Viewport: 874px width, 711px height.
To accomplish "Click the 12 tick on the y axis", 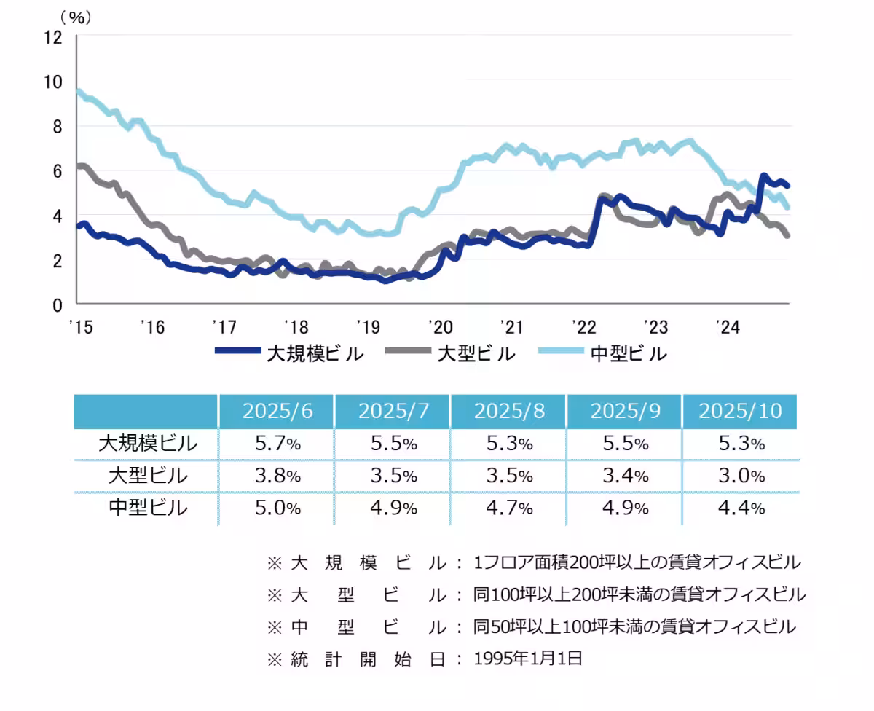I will coord(55,36).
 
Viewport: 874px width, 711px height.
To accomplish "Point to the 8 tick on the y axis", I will coord(58,126).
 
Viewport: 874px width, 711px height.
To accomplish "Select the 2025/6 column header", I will coord(277,411).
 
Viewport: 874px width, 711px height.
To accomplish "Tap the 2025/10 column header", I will coord(740,411).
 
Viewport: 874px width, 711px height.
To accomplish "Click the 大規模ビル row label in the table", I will coord(148,443).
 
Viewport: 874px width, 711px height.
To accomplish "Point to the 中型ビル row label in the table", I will coord(148,507).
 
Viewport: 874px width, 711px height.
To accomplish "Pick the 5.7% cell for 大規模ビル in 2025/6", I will coord(277,443).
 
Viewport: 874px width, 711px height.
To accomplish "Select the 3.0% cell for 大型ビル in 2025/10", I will coord(740,476).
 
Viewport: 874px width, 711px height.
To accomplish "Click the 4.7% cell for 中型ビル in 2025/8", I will coord(508,508).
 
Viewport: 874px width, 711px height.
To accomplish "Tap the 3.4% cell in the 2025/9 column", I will coord(624,476).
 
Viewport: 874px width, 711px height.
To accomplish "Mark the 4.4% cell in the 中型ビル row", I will coord(740,508).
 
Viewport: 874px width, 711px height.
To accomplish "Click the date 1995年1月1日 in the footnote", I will coord(528,659).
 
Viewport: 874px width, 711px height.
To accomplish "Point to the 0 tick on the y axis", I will coord(58,305).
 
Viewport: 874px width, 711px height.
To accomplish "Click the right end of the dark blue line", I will coord(787,186).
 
